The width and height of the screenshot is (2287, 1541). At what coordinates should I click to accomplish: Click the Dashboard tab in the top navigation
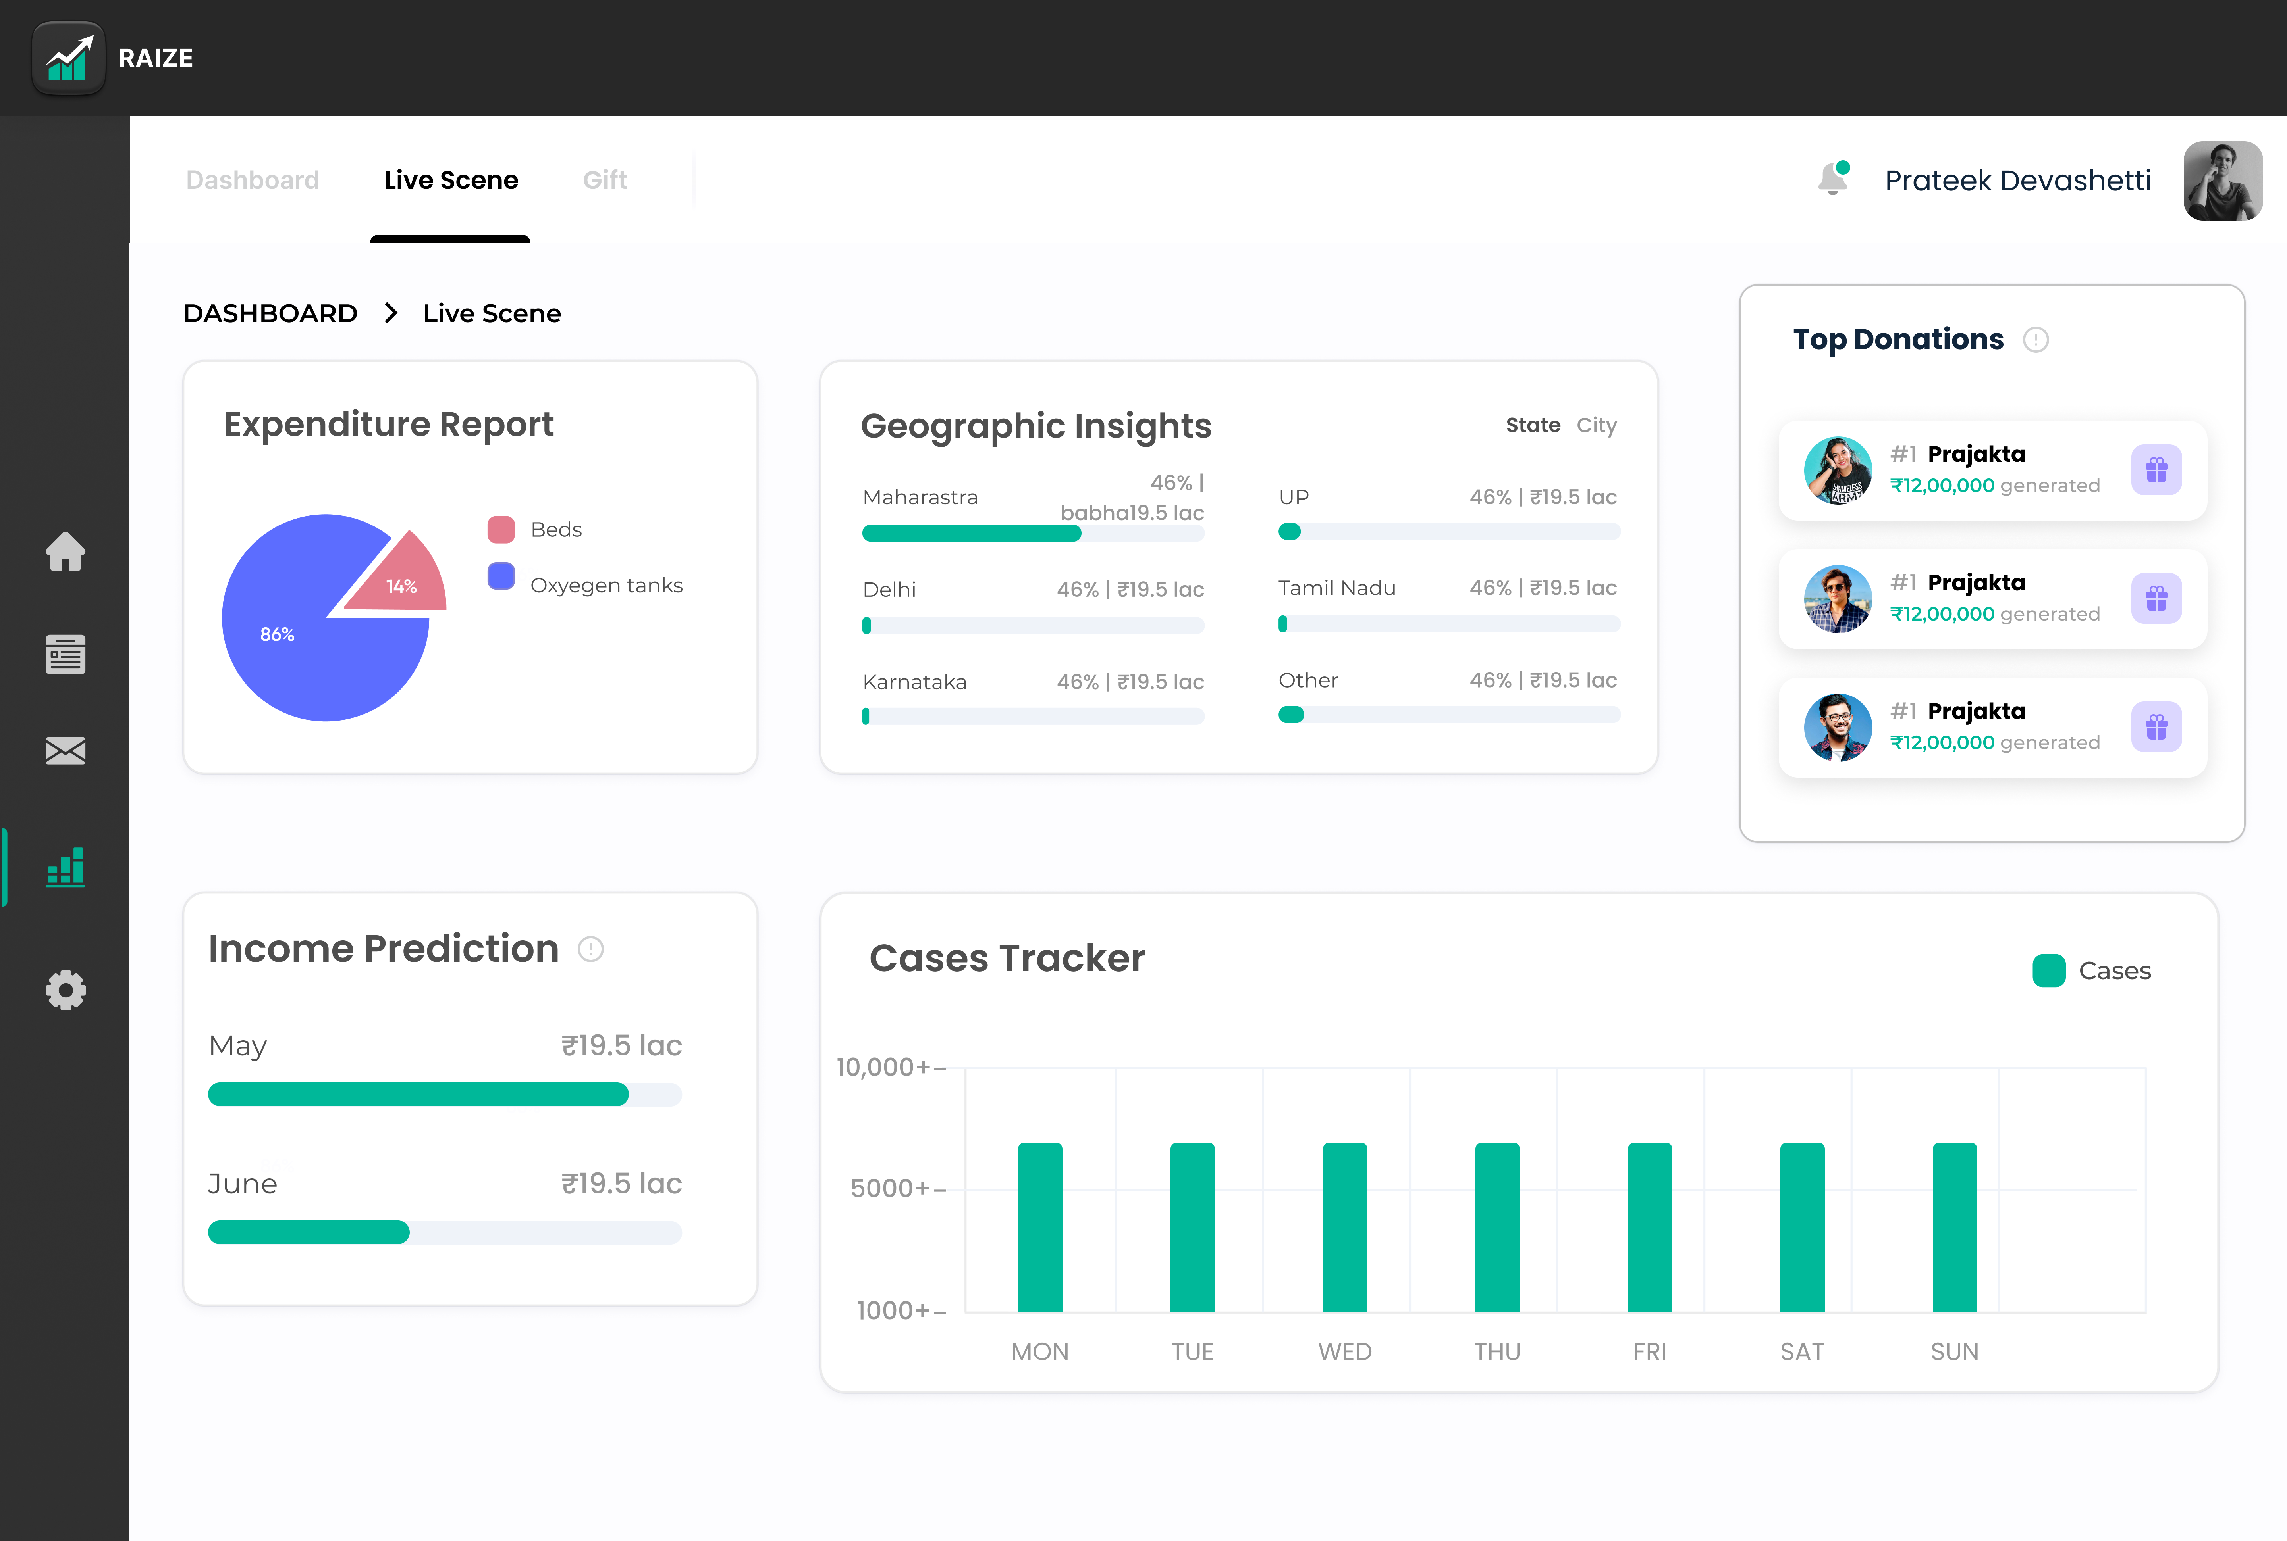pyautogui.click(x=253, y=180)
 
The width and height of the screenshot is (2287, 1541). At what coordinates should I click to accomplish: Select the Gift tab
pyautogui.click(x=605, y=180)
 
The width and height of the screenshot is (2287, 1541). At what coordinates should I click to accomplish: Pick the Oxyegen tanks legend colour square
pyautogui.click(x=501, y=576)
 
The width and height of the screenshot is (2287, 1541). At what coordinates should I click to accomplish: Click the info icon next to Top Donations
pyautogui.click(x=2035, y=340)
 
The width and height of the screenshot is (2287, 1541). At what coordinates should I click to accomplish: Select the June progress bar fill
pyautogui.click(x=309, y=1232)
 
